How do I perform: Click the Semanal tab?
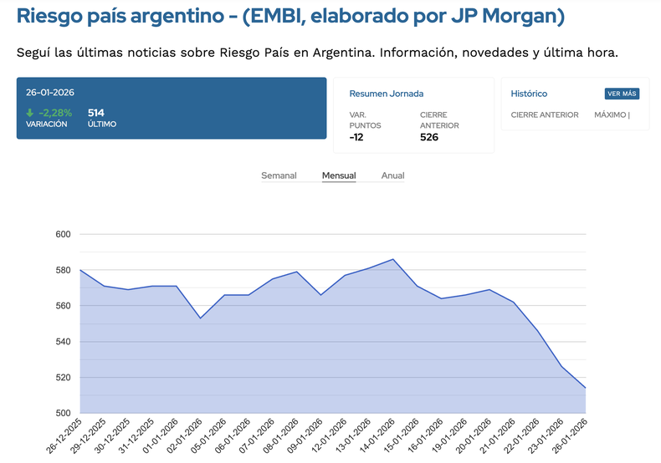pos(279,176)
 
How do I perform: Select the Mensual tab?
pos(339,176)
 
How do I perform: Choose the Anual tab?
pos(392,176)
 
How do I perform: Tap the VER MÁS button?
pos(622,94)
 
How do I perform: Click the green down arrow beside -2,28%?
pos(30,113)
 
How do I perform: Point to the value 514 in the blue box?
pos(96,113)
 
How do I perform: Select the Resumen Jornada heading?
pos(386,94)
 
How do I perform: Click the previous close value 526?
pos(429,137)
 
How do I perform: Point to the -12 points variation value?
pos(356,137)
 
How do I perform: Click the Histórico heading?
pos(529,94)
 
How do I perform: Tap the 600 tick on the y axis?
pos(62,234)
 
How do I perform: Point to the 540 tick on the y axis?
pos(62,342)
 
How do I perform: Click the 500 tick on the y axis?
pos(62,413)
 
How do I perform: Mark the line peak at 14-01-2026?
pos(393,259)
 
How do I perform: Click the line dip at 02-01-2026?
pos(200,318)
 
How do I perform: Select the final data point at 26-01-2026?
pos(585,388)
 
